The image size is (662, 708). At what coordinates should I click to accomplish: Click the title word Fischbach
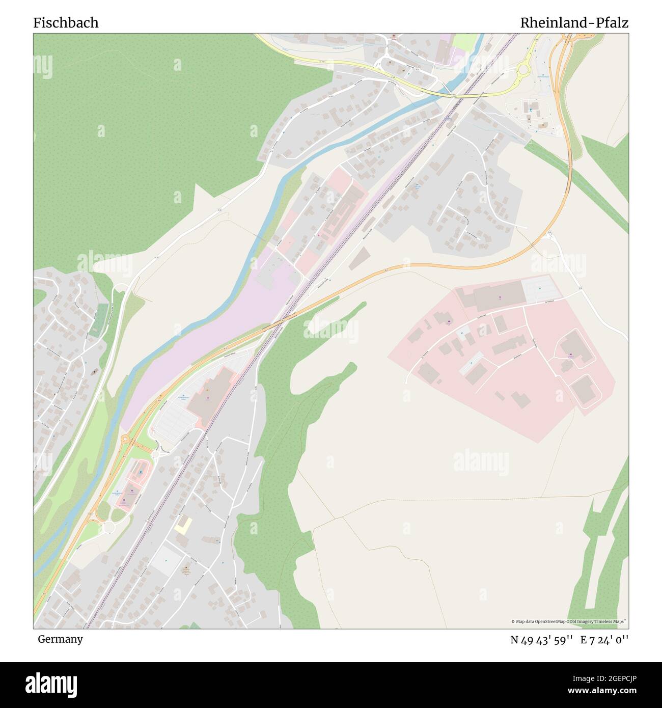tap(66, 23)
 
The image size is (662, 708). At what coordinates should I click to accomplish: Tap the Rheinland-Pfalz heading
tap(574, 23)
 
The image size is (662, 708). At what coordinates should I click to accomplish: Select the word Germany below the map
tap(60, 639)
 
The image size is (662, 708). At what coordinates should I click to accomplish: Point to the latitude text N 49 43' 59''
tap(542, 640)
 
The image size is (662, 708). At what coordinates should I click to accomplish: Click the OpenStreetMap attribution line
tap(568, 621)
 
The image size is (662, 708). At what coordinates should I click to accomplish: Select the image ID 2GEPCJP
tap(610, 677)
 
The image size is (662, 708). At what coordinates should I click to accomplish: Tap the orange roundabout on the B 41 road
tap(125, 439)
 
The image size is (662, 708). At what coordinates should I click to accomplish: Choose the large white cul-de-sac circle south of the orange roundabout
tap(108, 528)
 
